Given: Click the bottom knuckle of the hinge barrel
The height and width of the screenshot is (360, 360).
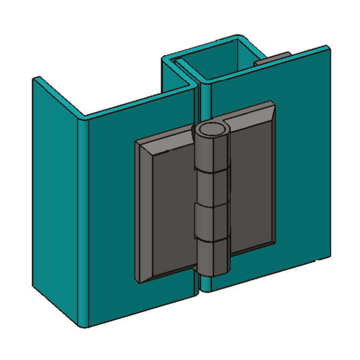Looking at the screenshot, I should [211, 257].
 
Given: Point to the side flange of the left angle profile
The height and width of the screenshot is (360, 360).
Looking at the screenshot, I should [54, 202].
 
